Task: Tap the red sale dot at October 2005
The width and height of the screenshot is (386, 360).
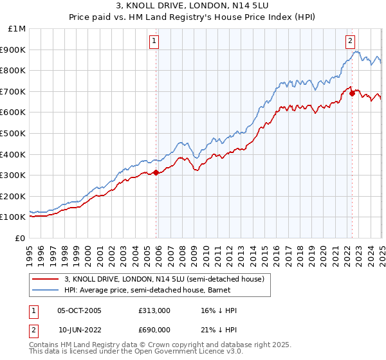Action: point(156,172)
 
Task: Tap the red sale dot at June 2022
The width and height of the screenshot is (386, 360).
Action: point(352,93)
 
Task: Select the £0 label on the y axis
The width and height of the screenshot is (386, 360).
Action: point(21,238)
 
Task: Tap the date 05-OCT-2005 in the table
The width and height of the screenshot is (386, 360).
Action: point(79,310)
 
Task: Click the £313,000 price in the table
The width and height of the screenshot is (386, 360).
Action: point(154,310)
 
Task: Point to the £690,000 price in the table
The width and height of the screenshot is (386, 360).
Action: point(154,329)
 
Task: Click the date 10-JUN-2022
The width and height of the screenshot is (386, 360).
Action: point(79,329)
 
